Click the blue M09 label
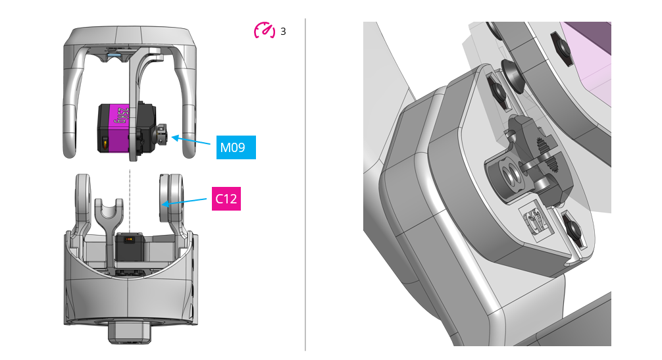(236, 147)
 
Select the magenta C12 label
(226, 199)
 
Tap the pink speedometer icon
(264, 30)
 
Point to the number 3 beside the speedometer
(283, 31)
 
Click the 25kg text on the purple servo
(121, 117)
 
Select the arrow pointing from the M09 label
(193, 141)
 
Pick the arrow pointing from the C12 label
(187, 201)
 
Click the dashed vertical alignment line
(130, 197)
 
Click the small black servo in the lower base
(130, 249)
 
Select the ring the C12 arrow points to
(170, 197)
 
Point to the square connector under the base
(130, 332)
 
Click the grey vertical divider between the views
(305, 184)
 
